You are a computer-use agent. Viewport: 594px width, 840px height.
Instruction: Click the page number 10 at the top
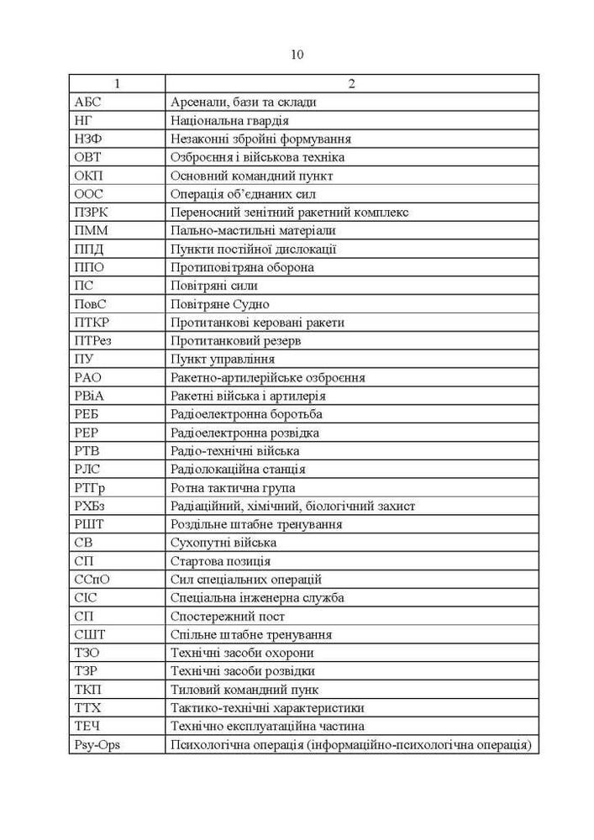[297, 55]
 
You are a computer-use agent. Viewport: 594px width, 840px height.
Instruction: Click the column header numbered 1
[117, 83]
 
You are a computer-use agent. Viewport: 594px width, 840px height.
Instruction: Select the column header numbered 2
[351, 83]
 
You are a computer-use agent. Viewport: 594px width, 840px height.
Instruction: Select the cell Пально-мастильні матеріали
[252, 230]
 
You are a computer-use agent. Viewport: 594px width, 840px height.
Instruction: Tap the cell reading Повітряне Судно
[219, 304]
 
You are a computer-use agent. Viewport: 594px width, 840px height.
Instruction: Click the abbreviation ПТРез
[93, 341]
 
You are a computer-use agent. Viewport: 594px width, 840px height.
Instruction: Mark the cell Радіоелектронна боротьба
[246, 414]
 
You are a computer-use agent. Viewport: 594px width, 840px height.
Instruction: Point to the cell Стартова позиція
[220, 561]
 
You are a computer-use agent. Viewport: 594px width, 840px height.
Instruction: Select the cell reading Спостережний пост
[226, 617]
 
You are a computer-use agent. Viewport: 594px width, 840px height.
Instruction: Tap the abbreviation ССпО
[91, 580]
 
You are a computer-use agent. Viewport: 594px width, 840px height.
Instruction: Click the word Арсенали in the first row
[197, 102]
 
